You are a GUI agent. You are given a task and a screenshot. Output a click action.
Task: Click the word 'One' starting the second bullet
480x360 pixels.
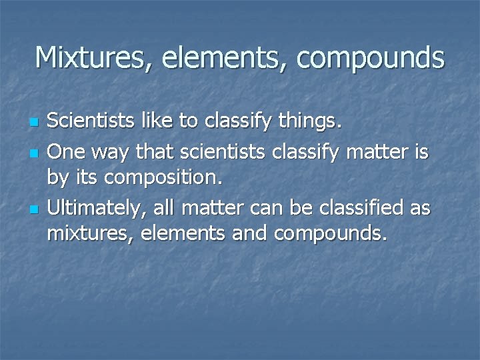(65, 153)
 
